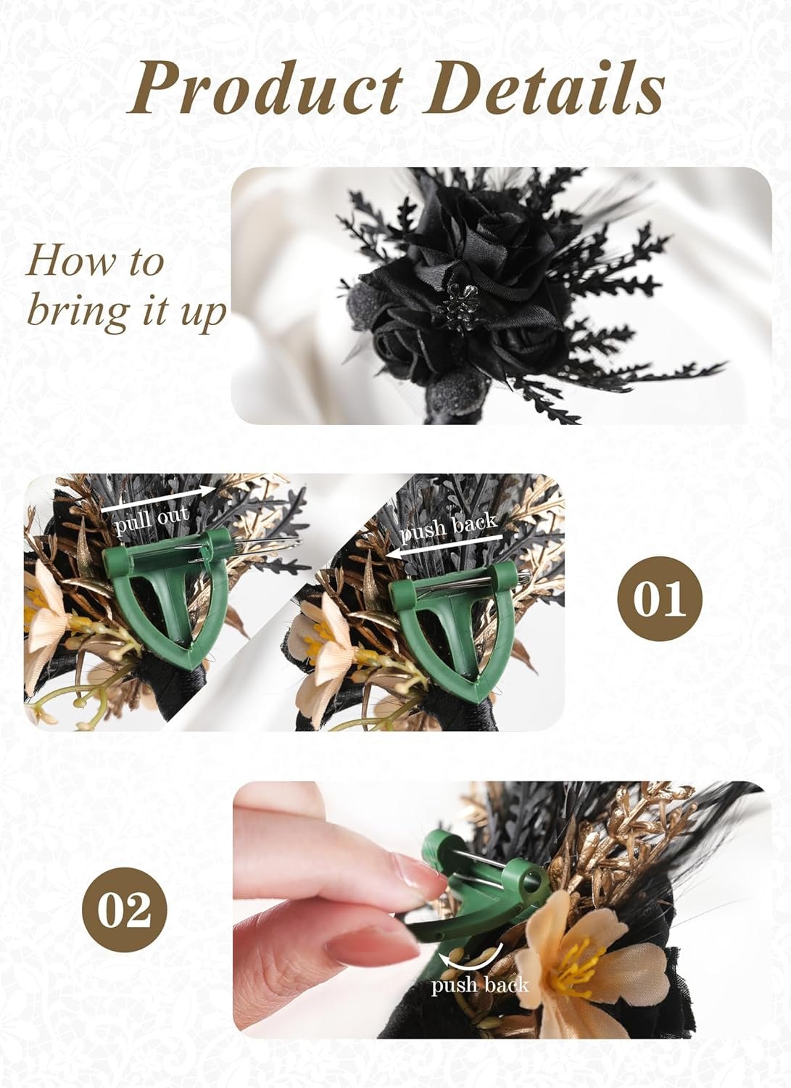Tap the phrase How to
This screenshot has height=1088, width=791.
pyautogui.click(x=95, y=261)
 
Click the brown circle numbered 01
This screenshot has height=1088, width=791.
pyautogui.click(x=660, y=599)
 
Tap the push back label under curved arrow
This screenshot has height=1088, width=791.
pyautogui.click(x=479, y=985)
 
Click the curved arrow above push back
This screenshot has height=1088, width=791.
pyautogui.click(x=475, y=961)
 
